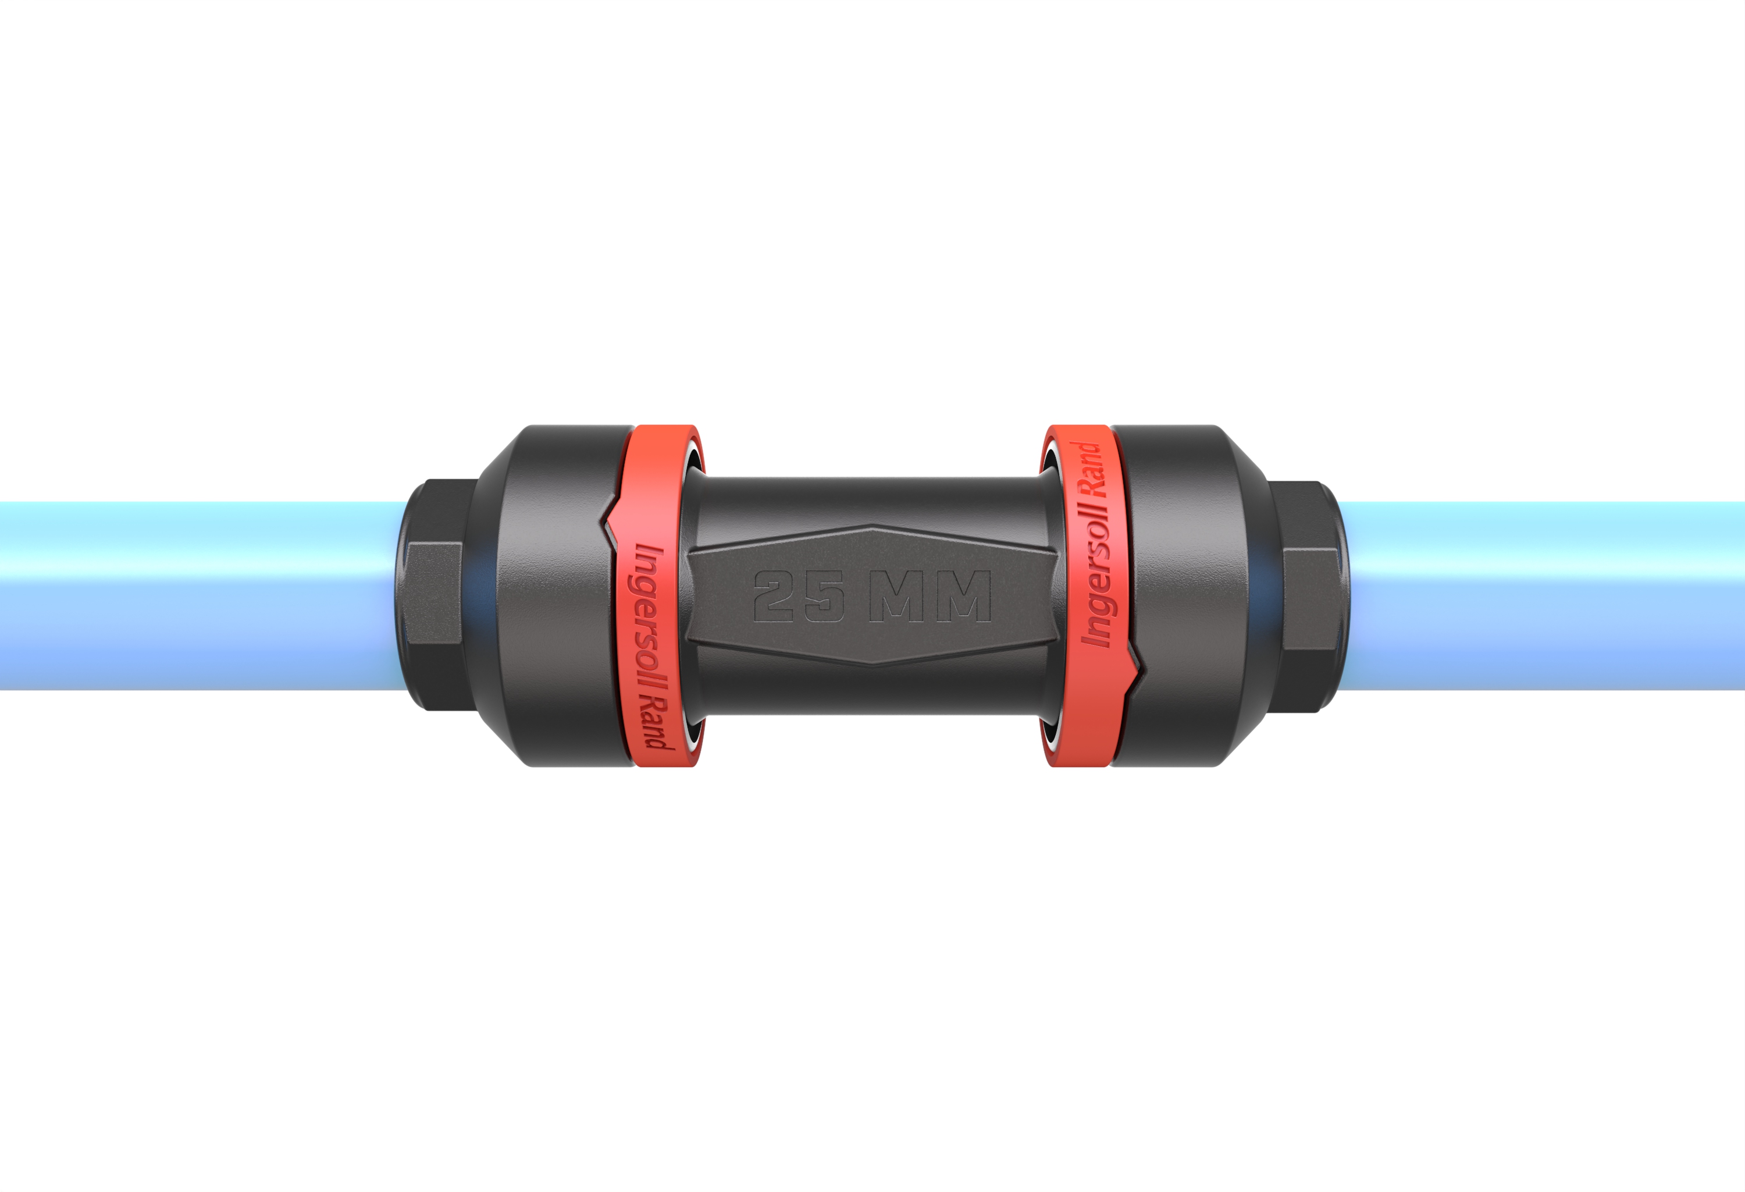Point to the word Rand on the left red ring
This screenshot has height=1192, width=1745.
point(656,721)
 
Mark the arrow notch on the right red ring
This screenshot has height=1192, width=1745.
point(1135,665)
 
